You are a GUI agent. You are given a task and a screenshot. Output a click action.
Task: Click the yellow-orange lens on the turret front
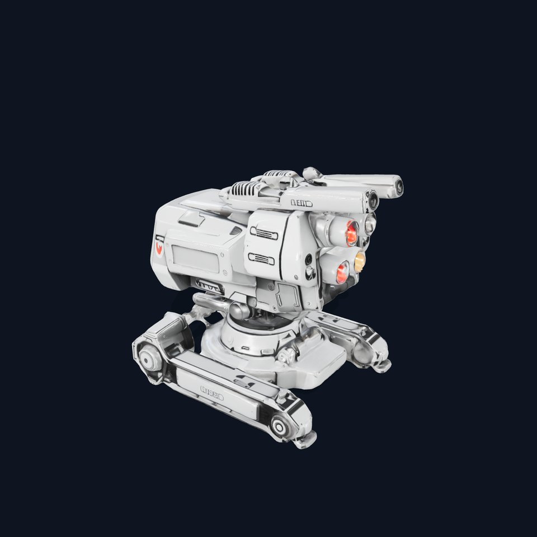pyautogui.click(x=360, y=259)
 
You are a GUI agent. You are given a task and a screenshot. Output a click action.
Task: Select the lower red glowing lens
pyautogui.click(x=342, y=271)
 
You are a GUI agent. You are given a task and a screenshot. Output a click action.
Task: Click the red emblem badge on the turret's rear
pyautogui.click(x=160, y=246)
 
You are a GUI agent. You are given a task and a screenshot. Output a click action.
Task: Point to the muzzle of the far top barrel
pyautogui.click(x=398, y=187)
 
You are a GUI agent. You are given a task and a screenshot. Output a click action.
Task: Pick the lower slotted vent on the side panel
pyautogui.click(x=261, y=258)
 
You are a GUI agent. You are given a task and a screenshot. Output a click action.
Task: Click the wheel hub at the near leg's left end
pyautogui.click(x=147, y=355)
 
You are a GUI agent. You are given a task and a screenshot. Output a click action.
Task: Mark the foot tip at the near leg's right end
pyautogui.click(x=306, y=442)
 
